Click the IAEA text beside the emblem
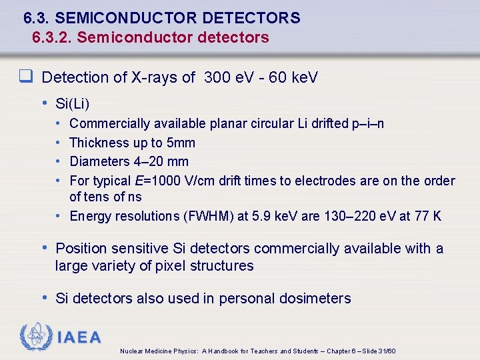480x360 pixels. coord(79,337)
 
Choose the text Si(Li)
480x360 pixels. coord(73,103)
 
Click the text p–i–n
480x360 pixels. coord(368,123)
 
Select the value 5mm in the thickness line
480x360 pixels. coord(181,143)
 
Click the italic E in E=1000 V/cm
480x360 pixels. coord(138,181)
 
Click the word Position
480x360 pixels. coord(81,249)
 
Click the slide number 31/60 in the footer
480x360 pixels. coord(387,351)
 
